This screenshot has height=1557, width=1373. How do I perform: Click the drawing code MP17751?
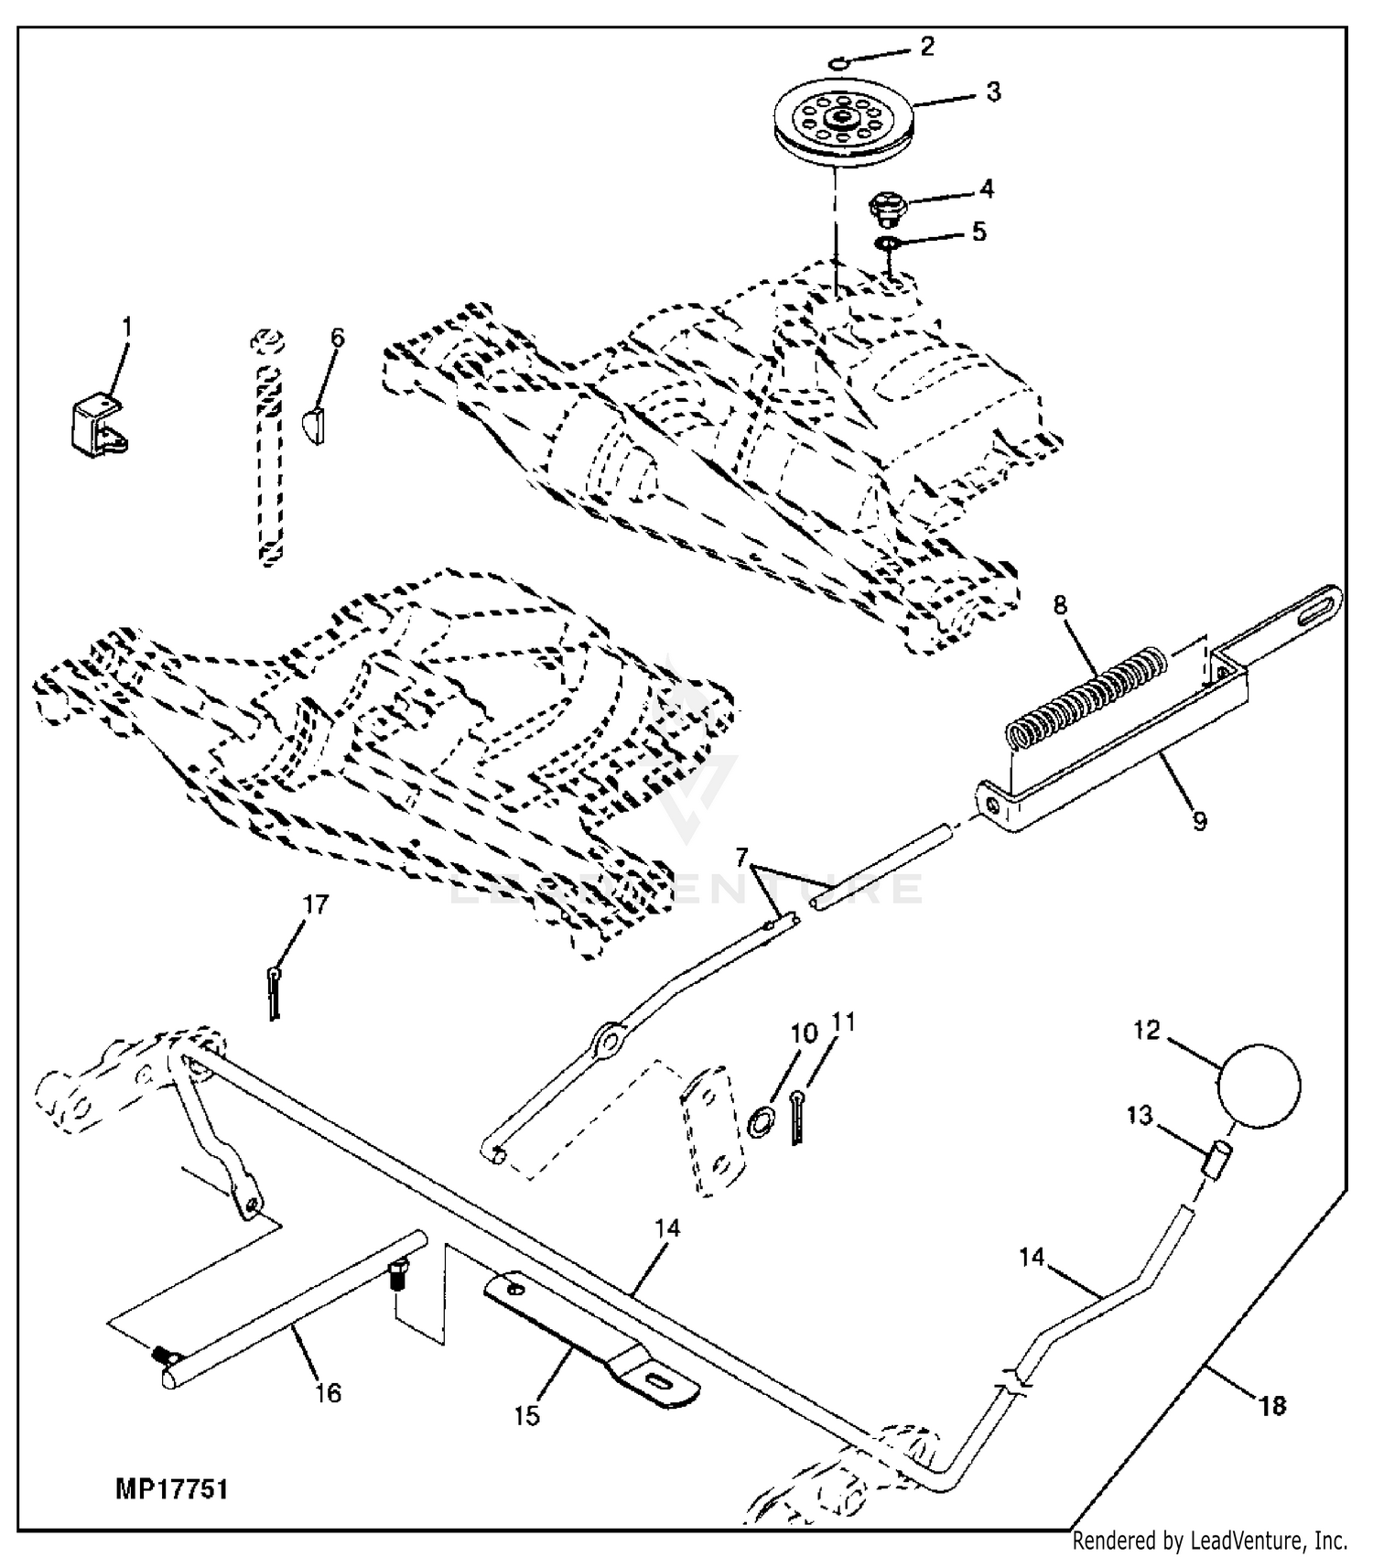pyautogui.click(x=171, y=1490)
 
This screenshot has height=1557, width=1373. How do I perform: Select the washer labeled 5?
pyautogui.click(x=886, y=243)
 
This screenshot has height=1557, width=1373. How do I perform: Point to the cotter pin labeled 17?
pyautogui.click(x=274, y=992)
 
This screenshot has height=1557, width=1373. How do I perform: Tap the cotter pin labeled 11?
pyautogui.click(x=797, y=1117)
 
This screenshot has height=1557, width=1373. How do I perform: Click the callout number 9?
pyautogui.click(x=1199, y=820)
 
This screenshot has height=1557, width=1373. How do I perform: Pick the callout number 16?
pyautogui.click(x=328, y=1393)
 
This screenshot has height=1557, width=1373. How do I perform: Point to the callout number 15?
pyautogui.click(x=526, y=1416)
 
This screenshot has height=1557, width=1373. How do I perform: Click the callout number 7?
pyautogui.click(x=742, y=859)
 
